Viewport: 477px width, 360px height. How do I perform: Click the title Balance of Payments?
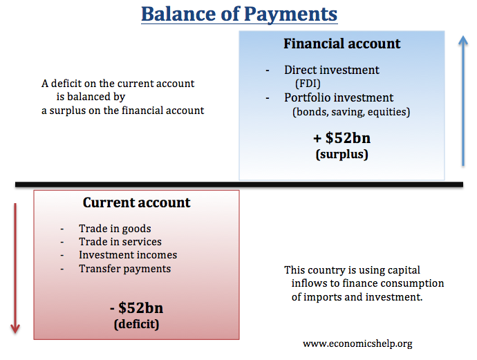[239, 14]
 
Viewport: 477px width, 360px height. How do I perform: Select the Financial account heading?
[342, 44]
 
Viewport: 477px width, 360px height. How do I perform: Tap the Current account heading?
[136, 202]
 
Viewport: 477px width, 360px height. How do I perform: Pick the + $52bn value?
[342, 137]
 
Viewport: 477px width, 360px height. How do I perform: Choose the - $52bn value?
[136, 307]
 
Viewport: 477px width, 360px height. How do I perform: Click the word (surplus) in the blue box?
[342, 154]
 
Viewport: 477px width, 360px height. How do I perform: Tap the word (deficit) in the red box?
[136, 323]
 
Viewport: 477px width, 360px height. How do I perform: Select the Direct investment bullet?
[332, 70]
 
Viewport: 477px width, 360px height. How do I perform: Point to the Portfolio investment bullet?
[339, 97]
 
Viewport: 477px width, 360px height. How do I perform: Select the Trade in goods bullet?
[115, 229]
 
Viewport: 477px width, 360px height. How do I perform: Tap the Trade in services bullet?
[120, 242]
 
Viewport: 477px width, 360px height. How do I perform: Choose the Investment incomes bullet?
[128, 255]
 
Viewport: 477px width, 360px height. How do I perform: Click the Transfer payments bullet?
[124, 268]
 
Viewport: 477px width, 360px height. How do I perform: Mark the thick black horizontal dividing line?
[238, 184]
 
